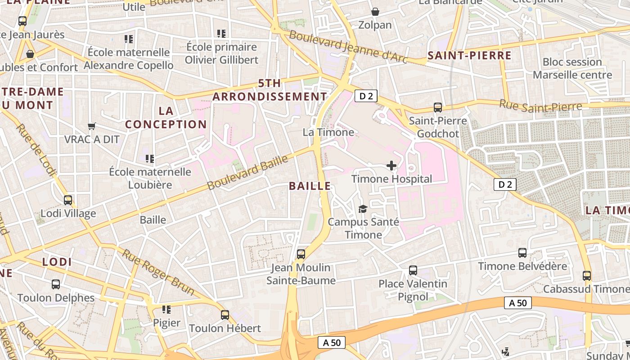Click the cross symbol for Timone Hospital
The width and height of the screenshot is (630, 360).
391,166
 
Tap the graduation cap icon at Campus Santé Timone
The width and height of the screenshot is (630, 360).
363,209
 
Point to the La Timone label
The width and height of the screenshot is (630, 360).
328,132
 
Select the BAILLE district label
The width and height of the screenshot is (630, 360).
310,186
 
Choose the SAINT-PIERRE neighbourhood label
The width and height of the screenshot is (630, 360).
469,56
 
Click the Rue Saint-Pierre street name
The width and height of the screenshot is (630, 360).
540,106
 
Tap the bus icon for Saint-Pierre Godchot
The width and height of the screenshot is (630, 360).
437,108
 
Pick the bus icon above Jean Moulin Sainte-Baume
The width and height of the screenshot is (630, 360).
301,254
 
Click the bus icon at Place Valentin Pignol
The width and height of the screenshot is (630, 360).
413,270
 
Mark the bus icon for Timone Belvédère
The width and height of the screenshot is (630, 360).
522,253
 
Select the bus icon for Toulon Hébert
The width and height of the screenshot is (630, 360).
225,315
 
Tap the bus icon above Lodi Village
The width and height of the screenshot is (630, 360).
68,200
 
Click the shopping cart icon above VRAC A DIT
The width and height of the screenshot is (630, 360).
92,126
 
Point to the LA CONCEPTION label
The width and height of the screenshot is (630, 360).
166,117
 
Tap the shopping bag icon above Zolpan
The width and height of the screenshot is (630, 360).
375,12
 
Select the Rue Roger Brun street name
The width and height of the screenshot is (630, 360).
158,273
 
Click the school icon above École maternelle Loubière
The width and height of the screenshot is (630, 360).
150,158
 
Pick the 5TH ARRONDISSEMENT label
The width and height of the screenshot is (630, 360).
270,90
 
